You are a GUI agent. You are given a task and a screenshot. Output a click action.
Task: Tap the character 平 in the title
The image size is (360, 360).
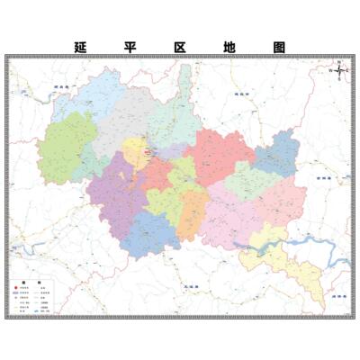(x=131, y=47)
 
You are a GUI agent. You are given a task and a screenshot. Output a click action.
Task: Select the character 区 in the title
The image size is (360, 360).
(x=181, y=47)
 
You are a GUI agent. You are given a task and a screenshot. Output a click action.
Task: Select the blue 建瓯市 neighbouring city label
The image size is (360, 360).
(x=239, y=93)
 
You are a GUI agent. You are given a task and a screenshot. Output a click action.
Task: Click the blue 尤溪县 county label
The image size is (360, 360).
(x=185, y=285)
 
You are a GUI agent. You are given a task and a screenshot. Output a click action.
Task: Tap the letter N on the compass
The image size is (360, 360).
(x=337, y=60)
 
